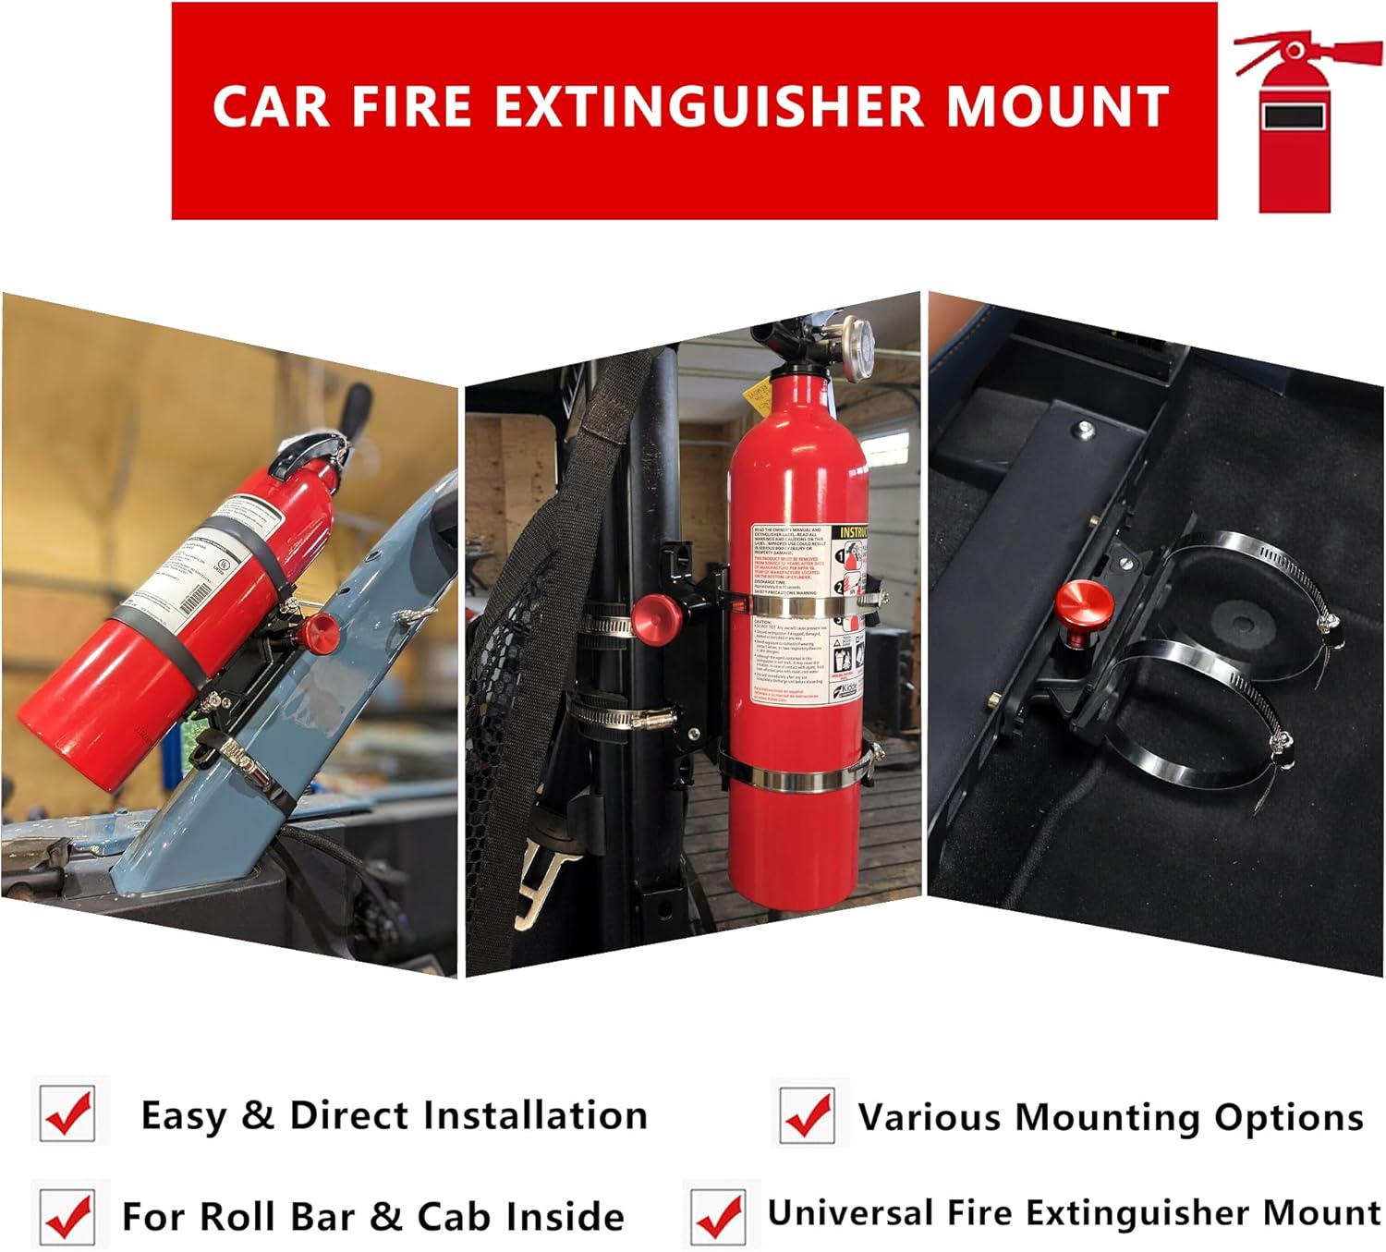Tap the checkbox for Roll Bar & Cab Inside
tap(69, 1214)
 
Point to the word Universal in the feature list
tap(849, 1212)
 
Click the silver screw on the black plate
tap(1084, 428)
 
